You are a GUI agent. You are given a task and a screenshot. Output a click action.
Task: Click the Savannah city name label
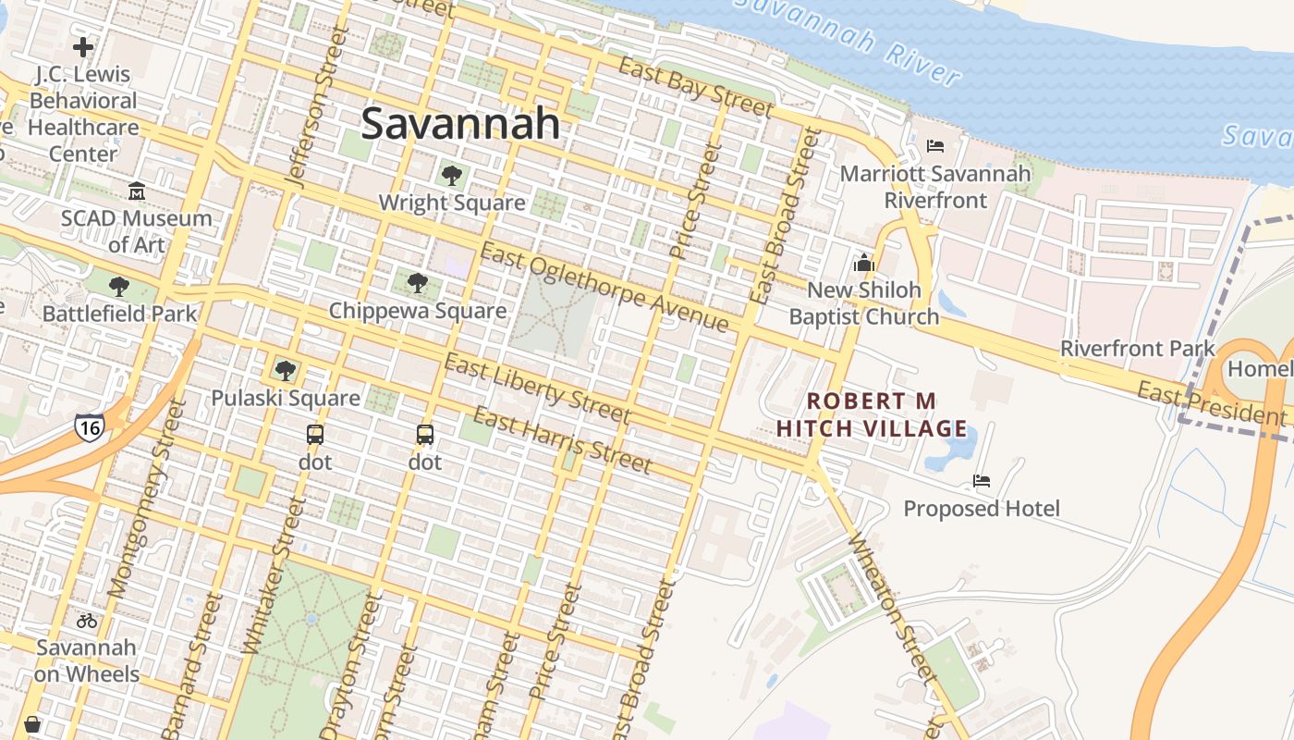tap(460, 123)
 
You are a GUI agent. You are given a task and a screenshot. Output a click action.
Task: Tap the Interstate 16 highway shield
tap(90, 426)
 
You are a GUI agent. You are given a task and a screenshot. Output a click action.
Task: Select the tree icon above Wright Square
tap(451, 176)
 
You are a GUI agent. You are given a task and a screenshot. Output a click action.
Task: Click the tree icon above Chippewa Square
tap(417, 283)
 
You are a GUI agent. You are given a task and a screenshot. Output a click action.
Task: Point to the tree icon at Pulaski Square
tap(285, 371)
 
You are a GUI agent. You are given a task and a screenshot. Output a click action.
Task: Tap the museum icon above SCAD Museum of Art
tap(137, 191)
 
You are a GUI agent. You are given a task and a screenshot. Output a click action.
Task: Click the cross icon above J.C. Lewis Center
tap(83, 46)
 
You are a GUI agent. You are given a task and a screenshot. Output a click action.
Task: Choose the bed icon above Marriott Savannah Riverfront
tap(935, 146)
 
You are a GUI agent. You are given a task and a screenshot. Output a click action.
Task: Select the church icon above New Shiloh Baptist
tap(864, 263)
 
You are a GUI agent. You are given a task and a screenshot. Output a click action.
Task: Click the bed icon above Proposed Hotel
tap(982, 481)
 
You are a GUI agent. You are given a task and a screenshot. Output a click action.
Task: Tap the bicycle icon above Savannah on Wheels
tap(87, 620)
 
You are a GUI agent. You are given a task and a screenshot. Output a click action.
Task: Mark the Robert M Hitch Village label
tap(872, 415)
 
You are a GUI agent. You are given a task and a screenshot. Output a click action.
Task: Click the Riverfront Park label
tap(1137, 349)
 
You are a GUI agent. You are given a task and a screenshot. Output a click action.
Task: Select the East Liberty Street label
tap(536, 388)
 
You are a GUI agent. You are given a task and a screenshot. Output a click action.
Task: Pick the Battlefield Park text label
tap(120, 314)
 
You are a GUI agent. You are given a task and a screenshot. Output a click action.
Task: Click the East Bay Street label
tap(695, 88)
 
